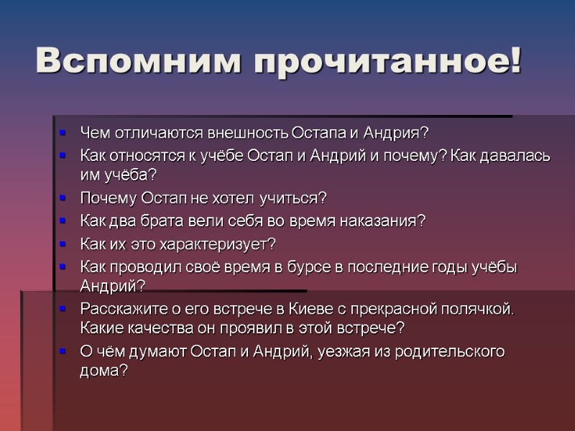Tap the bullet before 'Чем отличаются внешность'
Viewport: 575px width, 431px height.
pos(63,134)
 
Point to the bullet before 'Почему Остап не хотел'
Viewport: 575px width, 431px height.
pos(63,198)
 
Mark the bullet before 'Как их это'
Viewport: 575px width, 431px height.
pos(63,243)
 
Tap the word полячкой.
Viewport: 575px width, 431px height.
pos(475,309)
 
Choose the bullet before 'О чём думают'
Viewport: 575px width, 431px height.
pos(63,351)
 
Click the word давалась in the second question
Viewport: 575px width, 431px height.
pos(523,156)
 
